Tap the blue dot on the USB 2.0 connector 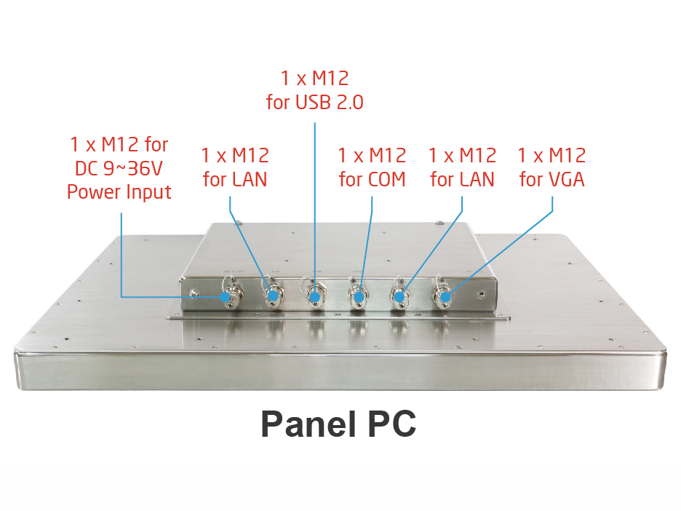[x=315, y=296]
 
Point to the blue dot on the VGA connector [x=446, y=296]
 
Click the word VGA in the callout [x=567, y=179]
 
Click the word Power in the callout [x=92, y=192]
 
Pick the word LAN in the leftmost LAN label [x=250, y=179]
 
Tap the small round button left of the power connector [x=194, y=293]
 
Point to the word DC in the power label [x=89, y=169]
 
